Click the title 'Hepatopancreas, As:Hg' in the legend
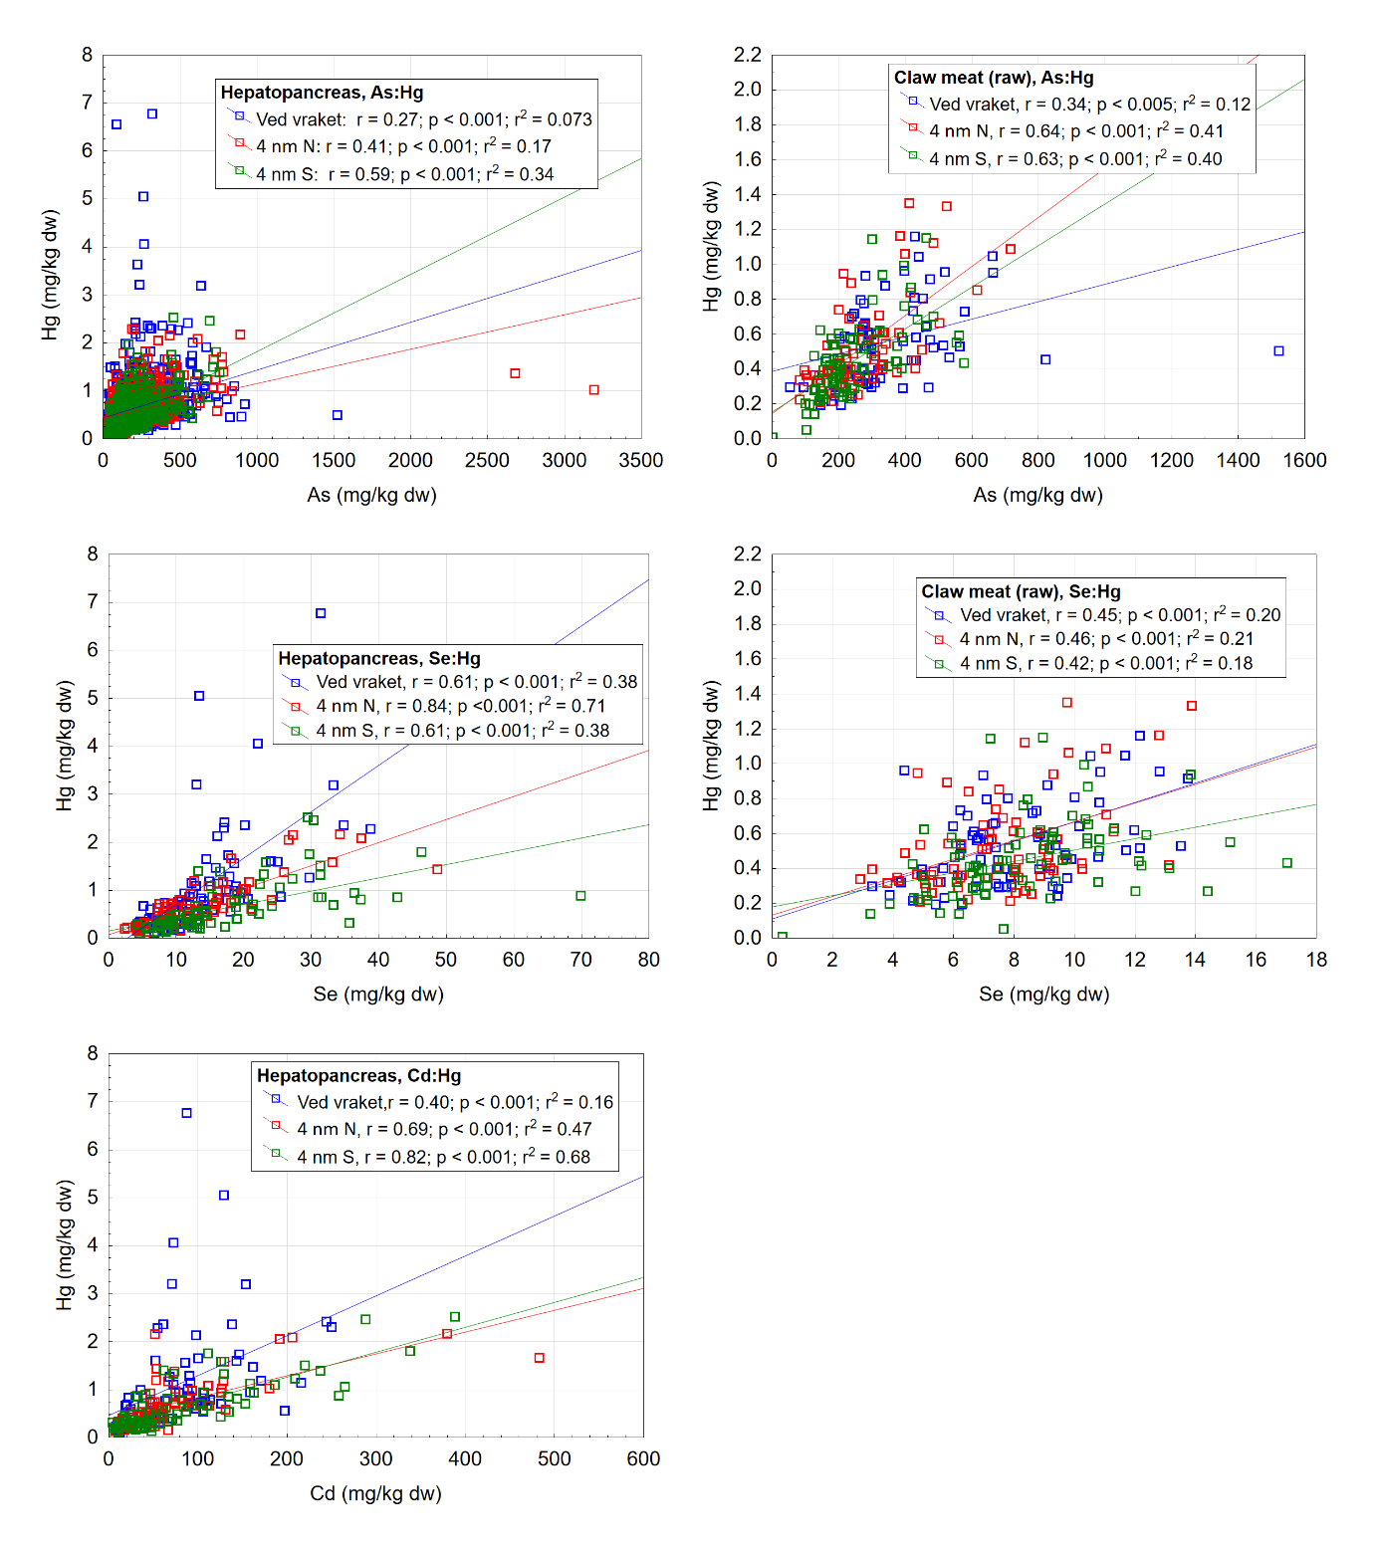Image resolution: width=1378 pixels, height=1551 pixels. point(322,93)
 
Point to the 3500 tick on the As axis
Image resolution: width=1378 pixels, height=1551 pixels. point(640,460)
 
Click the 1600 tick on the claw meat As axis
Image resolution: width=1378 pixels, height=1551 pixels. point(1304,460)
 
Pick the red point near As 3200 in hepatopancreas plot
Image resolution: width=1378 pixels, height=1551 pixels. point(594,390)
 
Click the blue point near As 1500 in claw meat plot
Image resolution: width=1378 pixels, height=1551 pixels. point(1279,351)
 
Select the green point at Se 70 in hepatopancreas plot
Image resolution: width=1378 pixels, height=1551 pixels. point(580,896)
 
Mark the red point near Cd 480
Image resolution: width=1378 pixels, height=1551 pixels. point(540,1358)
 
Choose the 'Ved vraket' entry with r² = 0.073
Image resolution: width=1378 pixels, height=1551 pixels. point(423,119)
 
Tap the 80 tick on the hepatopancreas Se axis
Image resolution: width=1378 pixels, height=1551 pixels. point(648,960)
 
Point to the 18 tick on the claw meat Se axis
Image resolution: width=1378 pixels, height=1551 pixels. point(1316,960)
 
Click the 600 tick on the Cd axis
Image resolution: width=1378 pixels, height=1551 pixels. point(643,1458)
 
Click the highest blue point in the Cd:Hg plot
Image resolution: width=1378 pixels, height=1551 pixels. point(186,1113)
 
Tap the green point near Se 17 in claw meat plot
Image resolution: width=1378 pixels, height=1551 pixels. point(1287,863)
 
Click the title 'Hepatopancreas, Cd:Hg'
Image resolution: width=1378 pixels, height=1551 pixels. point(358,1075)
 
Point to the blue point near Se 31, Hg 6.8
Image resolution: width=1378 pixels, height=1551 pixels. point(321,613)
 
